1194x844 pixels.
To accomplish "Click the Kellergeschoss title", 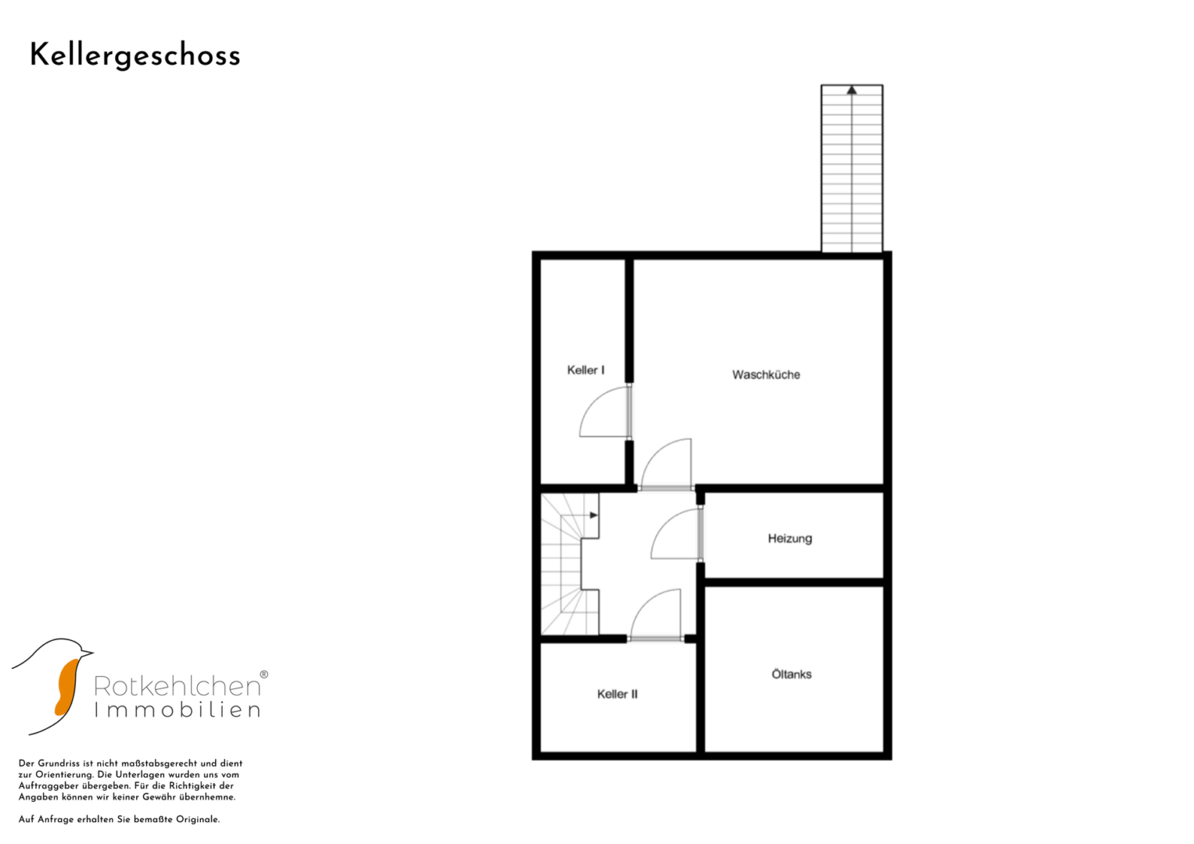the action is pos(134,56).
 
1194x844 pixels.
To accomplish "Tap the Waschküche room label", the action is pos(766,374).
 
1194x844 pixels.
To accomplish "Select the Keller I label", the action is pos(586,370).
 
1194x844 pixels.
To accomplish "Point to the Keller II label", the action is pos(617,694).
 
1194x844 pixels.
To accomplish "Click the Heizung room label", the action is pos(790,538).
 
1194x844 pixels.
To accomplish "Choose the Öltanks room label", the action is pos(791,674).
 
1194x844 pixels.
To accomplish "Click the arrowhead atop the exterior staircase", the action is pos(852,90).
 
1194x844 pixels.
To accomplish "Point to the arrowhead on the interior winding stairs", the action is pos(593,515).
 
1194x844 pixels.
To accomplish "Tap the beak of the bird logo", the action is pos(88,653).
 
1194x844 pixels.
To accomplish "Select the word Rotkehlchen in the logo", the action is pos(177,686).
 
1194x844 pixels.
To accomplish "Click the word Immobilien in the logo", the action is pos(177,710).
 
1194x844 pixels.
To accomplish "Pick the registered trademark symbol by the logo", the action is pos(264,674).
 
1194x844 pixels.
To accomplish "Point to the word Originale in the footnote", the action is pos(198,820).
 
